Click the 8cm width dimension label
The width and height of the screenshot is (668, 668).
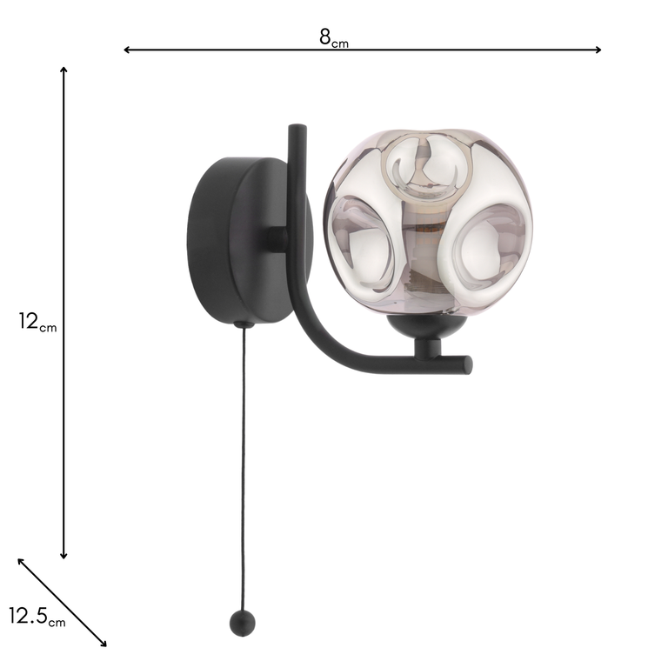tap(333, 37)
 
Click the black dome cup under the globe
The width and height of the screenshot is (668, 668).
tap(426, 328)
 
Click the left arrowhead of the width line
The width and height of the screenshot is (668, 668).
tap(126, 50)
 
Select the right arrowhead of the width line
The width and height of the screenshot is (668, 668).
tap(598, 50)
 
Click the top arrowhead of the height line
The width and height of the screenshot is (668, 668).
tap(63, 68)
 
